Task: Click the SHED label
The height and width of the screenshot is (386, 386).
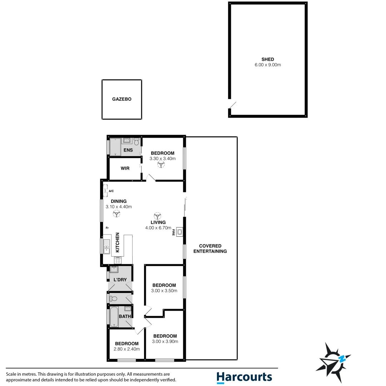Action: click(267, 59)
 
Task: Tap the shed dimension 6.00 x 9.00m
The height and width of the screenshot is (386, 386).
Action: click(267, 65)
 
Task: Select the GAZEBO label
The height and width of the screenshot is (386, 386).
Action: click(122, 99)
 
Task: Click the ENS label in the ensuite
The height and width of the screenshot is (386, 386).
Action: click(128, 150)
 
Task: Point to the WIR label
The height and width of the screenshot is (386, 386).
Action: click(125, 168)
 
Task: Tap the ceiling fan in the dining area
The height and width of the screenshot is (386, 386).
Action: click(116, 214)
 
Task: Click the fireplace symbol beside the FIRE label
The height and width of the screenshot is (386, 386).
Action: click(179, 232)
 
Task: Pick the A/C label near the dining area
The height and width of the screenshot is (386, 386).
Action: click(111, 191)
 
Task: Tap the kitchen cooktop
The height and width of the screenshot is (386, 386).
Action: click(118, 261)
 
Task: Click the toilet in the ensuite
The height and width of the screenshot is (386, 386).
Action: click(136, 142)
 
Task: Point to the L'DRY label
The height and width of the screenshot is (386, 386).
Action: click(120, 279)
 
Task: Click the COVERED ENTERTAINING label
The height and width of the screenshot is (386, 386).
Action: click(210, 248)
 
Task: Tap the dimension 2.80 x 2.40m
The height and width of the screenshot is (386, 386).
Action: click(127, 349)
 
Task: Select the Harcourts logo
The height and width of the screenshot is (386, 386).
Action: click(244, 377)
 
